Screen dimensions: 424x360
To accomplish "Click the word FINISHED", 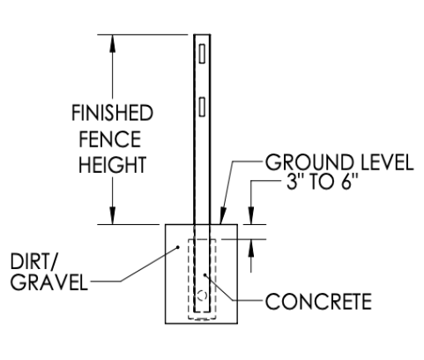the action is click(x=112, y=113).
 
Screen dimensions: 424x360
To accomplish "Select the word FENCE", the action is click(x=110, y=139).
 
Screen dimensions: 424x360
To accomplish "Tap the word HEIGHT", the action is click(x=113, y=164).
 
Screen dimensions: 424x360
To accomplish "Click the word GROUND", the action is click(x=309, y=162).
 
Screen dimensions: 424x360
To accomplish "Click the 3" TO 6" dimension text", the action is click(x=323, y=182).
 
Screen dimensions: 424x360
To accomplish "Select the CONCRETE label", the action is click(x=318, y=301).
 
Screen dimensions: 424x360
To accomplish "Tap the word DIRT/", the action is click(x=33, y=261).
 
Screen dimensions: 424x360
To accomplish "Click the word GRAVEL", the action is click(x=49, y=281).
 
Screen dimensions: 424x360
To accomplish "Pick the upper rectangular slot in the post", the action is click(x=202, y=54).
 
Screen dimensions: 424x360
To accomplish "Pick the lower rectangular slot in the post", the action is click(x=202, y=107).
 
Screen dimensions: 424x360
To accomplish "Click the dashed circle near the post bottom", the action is click(x=202, y=296).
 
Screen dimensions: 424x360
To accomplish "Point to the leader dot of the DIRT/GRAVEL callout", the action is click(x=177, y=247).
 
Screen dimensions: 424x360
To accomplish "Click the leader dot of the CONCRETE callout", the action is click(x=205, y=275).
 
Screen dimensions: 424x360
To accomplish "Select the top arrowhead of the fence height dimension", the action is click(x=112, y=44).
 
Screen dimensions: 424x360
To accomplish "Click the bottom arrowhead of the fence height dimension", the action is click(x=112, y=215).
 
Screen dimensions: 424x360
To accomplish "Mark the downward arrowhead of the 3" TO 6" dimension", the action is click(x=251, y=215).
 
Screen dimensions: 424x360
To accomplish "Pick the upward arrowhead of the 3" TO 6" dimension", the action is click(x=251, y=249).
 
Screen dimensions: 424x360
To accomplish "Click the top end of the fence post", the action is click(x=202, y=35).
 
